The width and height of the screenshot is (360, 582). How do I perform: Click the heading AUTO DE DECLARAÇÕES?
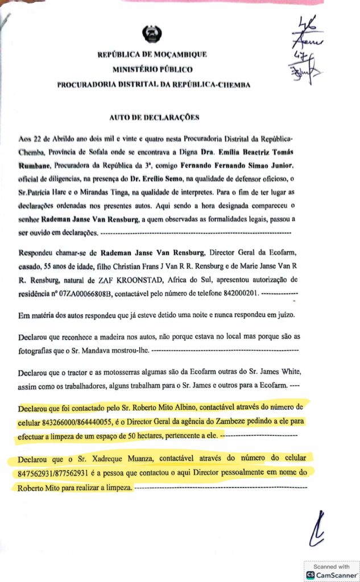[154, 118]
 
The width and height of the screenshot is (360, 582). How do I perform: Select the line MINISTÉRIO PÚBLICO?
[152, 69]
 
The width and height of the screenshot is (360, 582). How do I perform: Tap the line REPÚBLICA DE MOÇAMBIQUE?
[152, 55]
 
